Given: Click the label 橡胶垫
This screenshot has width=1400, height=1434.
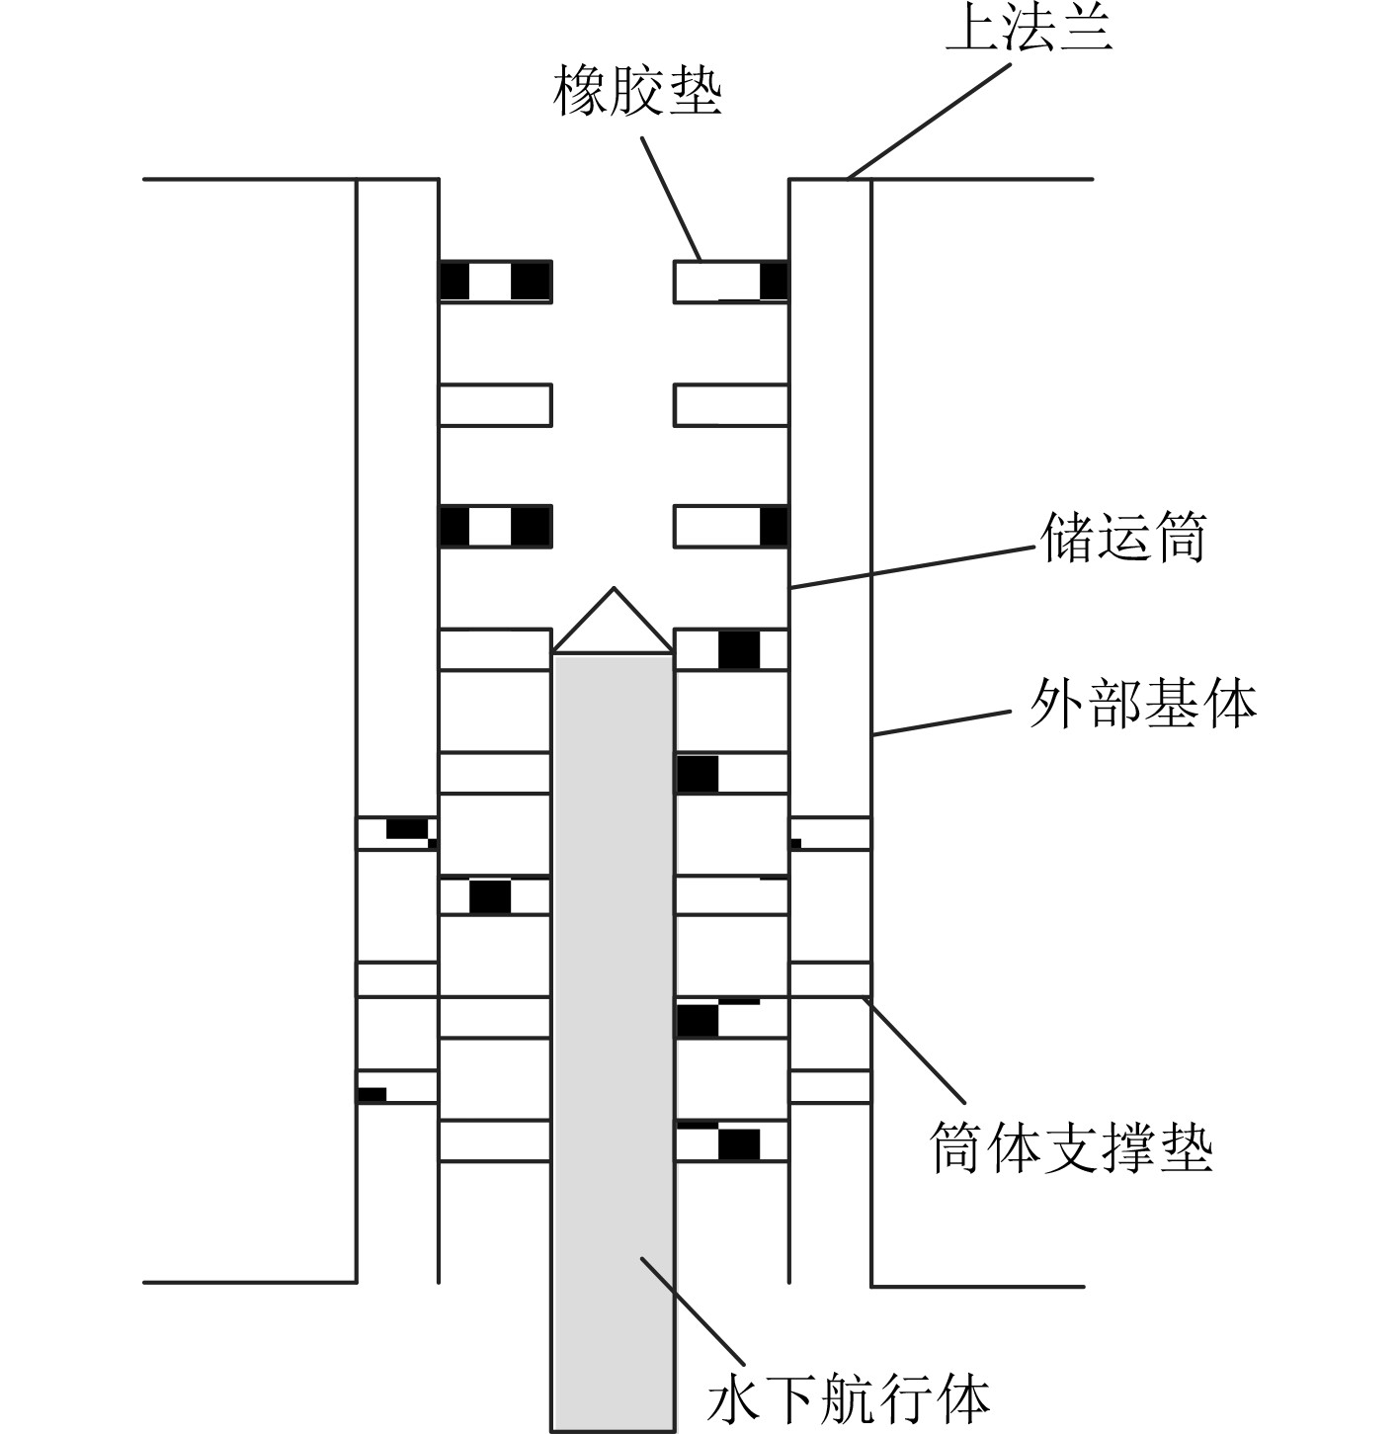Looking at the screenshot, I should [637, 92].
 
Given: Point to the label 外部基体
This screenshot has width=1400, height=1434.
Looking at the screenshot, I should [1142, 705].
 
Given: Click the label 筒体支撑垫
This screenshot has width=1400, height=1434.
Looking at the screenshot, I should [1071, 1147].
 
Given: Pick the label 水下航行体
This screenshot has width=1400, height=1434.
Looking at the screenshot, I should [849, 1397].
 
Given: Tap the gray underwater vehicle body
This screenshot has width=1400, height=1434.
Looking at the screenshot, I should [613, 988].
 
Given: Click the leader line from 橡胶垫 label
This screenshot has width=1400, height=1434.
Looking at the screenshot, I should [672, 198].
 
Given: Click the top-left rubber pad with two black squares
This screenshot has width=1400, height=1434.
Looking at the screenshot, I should [495, 282].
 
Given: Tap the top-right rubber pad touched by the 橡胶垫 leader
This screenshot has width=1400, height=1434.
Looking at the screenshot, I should [731, 282].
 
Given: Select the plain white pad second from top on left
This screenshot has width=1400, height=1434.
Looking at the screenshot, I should [495, 405].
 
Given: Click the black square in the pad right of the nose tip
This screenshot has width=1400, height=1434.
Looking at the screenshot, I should [739, 649].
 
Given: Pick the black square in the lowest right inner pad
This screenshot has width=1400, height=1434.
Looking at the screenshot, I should [739, 1144].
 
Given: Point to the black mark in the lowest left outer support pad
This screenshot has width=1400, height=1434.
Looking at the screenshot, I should [371, 1094].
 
